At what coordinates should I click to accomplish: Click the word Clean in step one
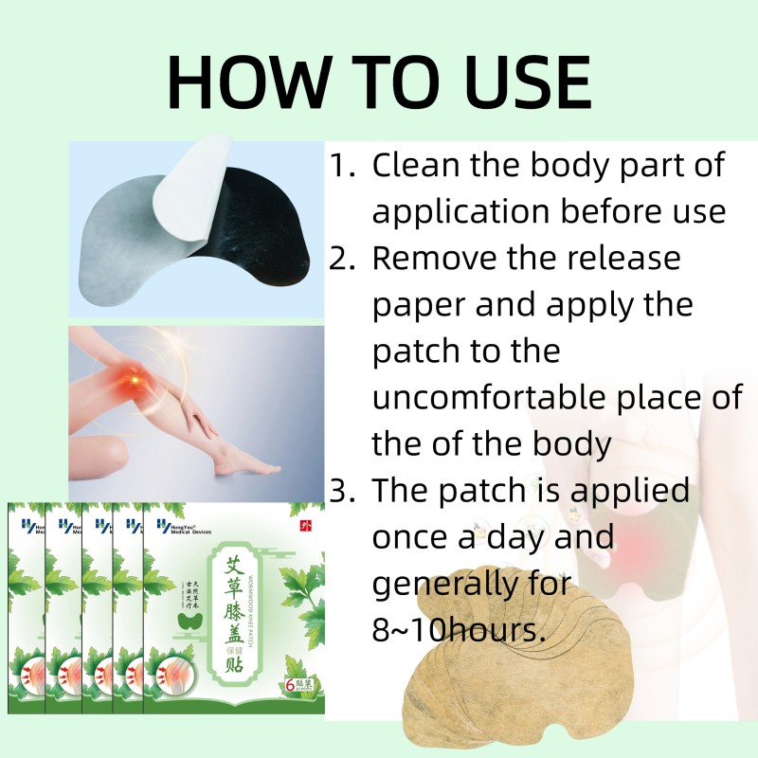point(423,165)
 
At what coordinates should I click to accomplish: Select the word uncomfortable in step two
point(511,398)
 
